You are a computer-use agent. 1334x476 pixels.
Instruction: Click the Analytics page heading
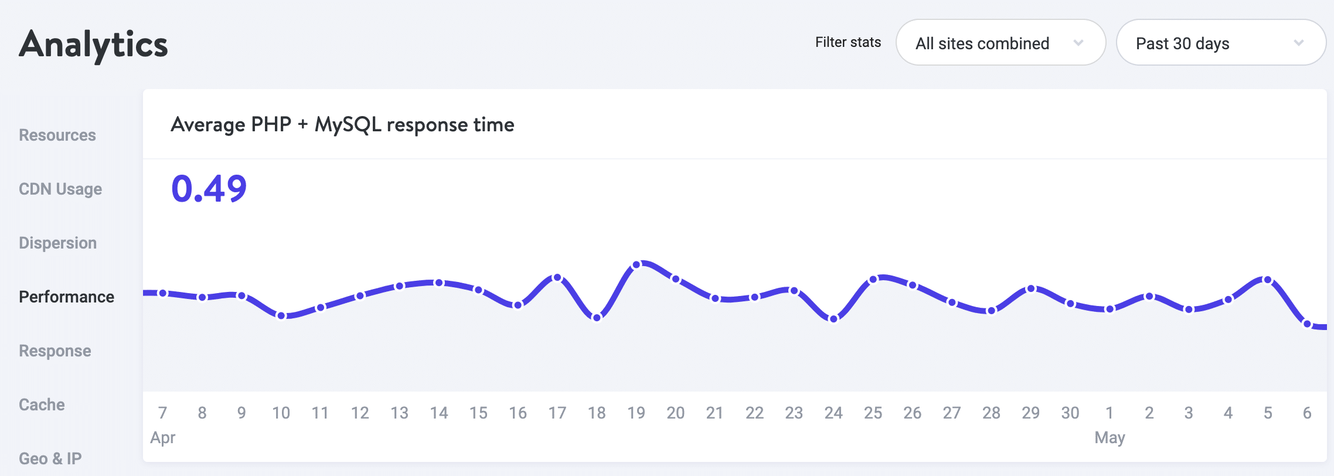(94, 45)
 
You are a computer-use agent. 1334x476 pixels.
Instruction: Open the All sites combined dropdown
(1001, 43)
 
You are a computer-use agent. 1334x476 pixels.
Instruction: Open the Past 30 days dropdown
(1221, 43)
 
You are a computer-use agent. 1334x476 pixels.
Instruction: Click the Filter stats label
(848, 42)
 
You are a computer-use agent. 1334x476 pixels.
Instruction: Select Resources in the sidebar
(57, 135)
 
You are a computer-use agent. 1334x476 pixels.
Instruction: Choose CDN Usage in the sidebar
(60, 189)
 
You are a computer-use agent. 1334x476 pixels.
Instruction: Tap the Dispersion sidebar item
(57, 243)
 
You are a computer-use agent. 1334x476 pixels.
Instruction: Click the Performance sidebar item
(66, 297)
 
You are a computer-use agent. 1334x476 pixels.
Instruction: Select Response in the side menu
(55, 351)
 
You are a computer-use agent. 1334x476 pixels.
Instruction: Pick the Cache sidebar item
(42, 405)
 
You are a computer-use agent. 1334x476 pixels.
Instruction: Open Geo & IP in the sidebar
(50, 458)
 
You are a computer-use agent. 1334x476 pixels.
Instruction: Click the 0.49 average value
(209, 189)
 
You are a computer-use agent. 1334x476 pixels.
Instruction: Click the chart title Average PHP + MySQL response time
(342, 125)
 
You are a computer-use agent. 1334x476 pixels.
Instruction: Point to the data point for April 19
(637, 265)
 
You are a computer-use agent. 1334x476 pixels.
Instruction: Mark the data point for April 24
(833, 319)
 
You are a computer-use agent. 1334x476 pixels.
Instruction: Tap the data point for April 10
(281, 316)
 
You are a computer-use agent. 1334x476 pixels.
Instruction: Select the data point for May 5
(1268, 280)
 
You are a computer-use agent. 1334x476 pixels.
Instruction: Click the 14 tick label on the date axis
(439, 413)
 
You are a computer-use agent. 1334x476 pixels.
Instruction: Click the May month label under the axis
(1110, 438)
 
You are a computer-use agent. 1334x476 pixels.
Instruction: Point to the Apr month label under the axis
(163, 438)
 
